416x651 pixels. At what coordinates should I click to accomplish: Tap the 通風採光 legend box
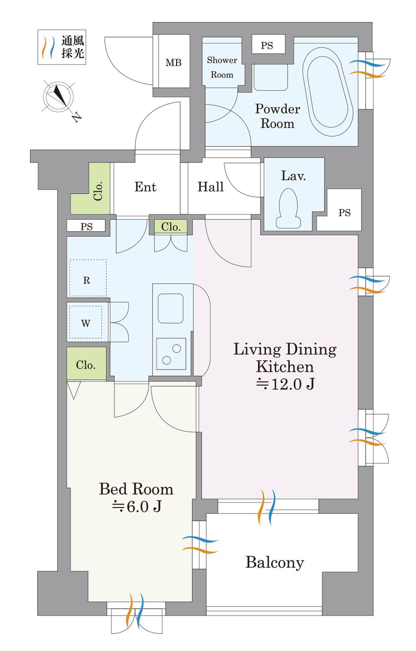click(62, 47)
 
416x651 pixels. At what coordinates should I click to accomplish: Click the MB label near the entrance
click(173, 63)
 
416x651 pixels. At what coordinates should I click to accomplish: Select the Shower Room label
click(222, 67)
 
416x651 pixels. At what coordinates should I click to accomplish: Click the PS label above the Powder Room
click(267, 45)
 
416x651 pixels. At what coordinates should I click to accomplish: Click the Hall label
click(210, 187)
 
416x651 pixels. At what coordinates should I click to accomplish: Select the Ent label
click(145, 187)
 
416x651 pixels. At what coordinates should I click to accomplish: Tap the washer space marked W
click(86, 323)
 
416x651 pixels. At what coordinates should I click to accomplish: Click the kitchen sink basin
click(171, 308)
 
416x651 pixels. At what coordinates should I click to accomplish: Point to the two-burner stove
click(171, 354)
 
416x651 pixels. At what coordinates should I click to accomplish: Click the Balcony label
click(275, 562)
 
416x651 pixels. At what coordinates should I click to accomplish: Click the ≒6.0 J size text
click(136, 507)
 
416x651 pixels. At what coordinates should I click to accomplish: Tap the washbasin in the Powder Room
click(270, 77)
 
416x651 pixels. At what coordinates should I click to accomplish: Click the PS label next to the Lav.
click(344, 213)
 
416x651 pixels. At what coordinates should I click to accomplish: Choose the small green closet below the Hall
click(171, 227)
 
